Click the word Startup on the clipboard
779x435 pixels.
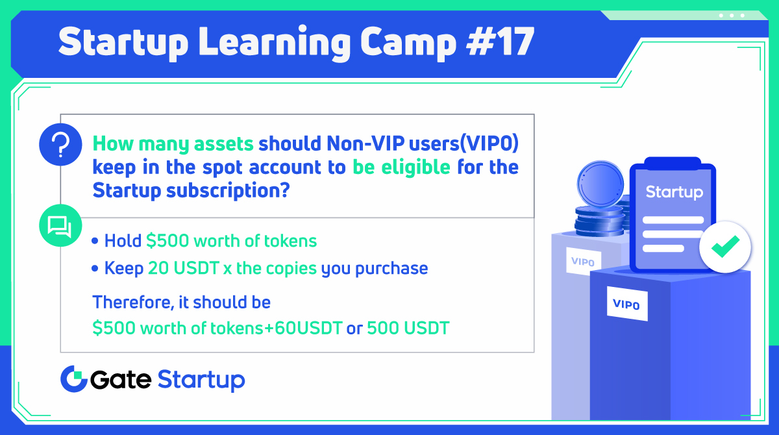(674, 192)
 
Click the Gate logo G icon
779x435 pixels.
(73, 379)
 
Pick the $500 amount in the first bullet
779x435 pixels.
(167, 241)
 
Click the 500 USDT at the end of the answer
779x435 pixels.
(408, 328)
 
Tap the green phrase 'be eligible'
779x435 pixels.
(401, 167)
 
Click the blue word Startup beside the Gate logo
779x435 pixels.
(201, 380)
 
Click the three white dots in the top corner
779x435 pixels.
(732, 15)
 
